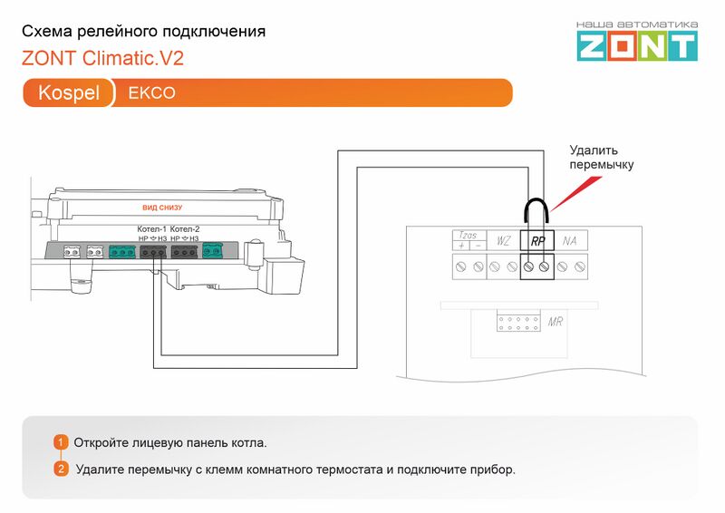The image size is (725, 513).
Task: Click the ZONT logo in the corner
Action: pyautogui.click(x=637, y=41)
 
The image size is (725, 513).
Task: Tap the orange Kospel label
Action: pyautogui.click(x=69, y=93)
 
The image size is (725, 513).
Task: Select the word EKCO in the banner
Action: pyautogui.click(x=151, y=93)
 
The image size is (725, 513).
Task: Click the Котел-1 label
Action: pyautogui.click(x=151, y=228)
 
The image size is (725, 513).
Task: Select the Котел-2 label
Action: pyautogui.click(x=185, y=228)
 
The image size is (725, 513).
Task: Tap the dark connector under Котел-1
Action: pyautogui.click(x=152, y=251)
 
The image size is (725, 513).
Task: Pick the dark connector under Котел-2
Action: pyautogui.click(x=185, y=251)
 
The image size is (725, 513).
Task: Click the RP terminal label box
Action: pyautogui.click(x=536, y=241)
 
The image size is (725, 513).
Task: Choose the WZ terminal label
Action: pyautogui.click(x=503, y=241)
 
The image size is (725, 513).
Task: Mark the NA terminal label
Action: pyautogui.click(x=569, y=241)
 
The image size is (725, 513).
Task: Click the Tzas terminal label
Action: pyautogui.click(x=469, y=237)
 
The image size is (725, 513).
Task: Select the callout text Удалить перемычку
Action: pyautogui.click(x=601, y=158)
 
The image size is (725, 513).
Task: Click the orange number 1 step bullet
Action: pyautogui.click(x=61, y=442)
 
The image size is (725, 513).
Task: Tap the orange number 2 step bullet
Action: pyautogui.click(x=61, y=469)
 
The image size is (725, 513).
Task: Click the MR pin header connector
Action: pyautogui.click(x=518, y=324)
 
